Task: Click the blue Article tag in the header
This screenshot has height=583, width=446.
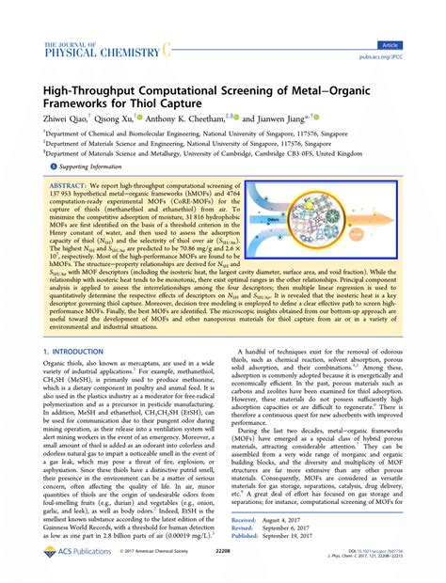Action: pyautogui.click(x=414, y=44)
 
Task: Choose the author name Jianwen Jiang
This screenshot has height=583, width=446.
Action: pyautogui.click(x=286, y=119)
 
